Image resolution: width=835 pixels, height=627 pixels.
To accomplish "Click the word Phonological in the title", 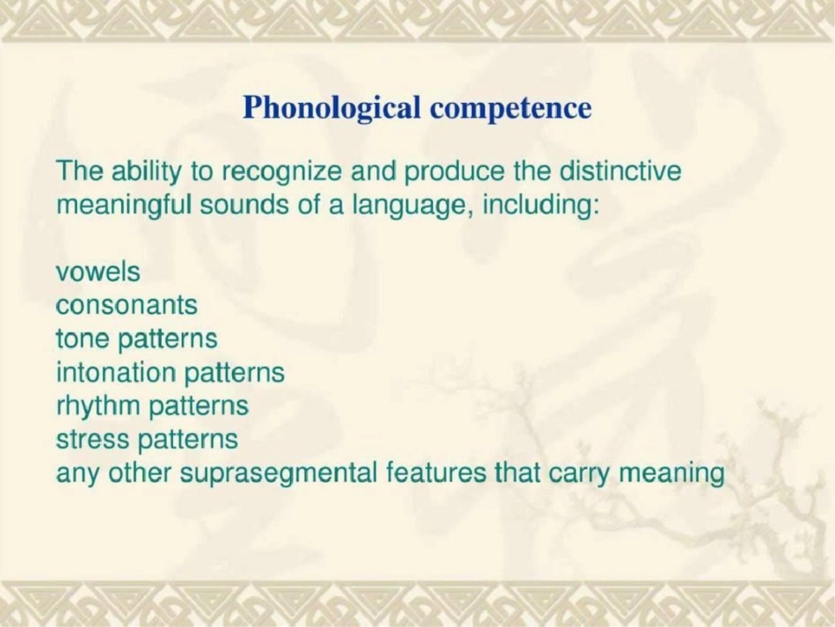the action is tap(333, 109).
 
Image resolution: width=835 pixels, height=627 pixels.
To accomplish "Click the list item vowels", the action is tap(98, 273).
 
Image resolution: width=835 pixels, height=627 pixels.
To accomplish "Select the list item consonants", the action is tap(127, 306).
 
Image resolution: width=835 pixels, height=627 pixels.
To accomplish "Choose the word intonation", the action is tap(116, 372).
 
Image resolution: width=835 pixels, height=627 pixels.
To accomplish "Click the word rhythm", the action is tap(98, 407).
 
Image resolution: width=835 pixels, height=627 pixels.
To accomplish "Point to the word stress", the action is tap(92, 440).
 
